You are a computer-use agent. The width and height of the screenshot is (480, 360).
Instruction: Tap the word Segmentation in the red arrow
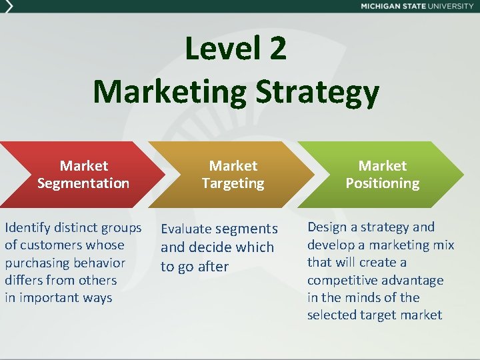83,183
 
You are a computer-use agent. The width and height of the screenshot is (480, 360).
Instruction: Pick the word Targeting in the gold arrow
233,183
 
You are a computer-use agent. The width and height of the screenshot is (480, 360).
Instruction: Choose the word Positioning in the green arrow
382,183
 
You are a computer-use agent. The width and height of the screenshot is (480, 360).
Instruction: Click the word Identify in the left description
26,228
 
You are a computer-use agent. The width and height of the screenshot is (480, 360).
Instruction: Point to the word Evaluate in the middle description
187,229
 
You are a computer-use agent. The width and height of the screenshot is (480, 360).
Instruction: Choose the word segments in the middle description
246,229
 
